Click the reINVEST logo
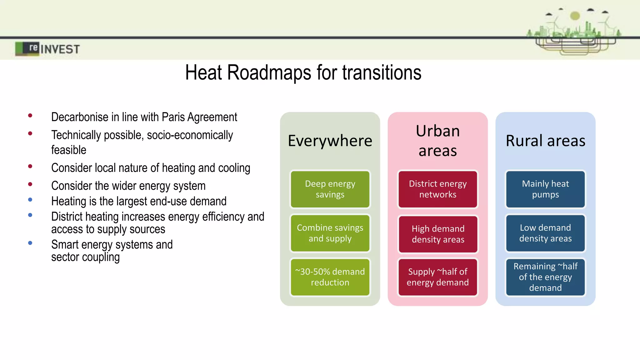47,49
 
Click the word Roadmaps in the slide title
269,72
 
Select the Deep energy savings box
330,189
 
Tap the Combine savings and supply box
330,233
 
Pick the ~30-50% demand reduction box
330,277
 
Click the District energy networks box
437,189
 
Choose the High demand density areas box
438,234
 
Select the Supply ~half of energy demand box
437,277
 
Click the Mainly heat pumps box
545,189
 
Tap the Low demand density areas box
545,233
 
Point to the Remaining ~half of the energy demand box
545,277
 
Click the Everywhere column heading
330,141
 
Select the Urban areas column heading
437,141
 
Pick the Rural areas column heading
545,141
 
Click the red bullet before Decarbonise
30,116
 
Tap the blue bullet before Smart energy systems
30,243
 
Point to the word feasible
69,150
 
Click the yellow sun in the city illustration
575,16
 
